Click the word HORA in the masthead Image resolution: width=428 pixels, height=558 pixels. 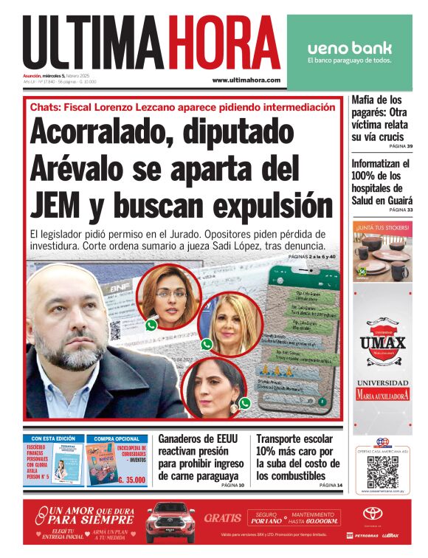(222, 42)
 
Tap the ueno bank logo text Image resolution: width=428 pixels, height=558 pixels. (349, 48)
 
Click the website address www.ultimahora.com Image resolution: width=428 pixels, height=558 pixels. (246, 80)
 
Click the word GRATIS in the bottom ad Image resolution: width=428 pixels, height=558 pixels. (223, 517)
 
